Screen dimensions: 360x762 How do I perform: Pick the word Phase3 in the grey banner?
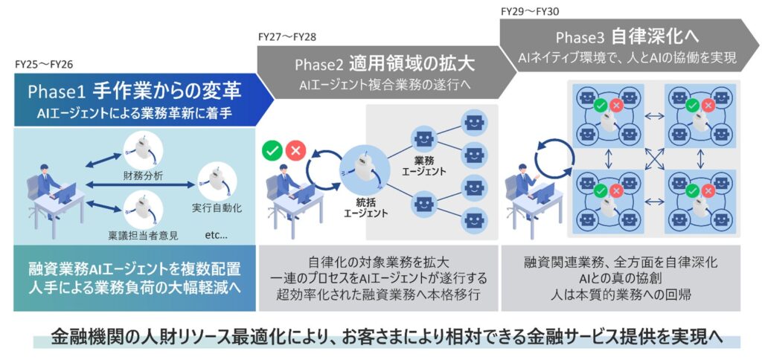580,36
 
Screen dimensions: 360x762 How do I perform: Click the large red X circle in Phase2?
296,151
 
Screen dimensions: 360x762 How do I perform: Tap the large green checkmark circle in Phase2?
272,151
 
